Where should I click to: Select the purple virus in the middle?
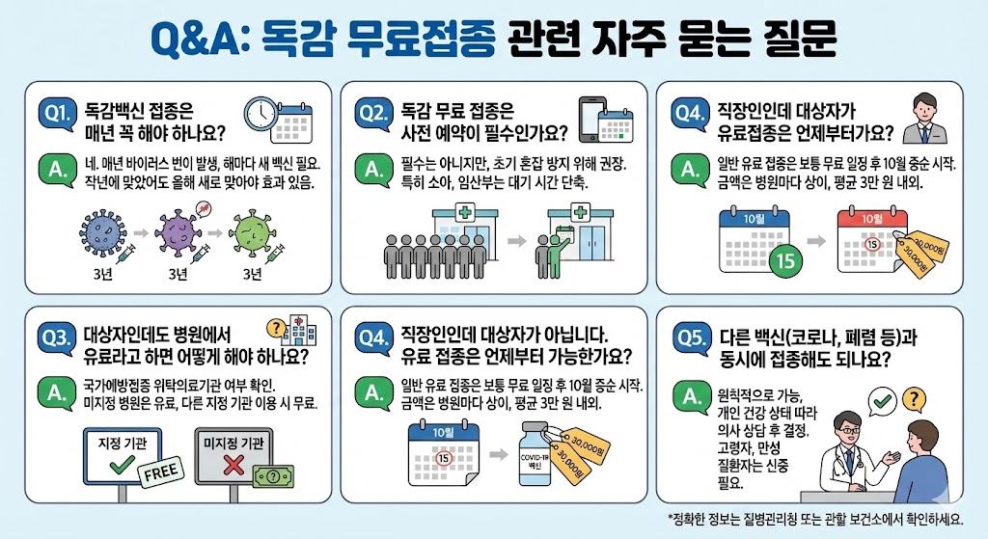177,234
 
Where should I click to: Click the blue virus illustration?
99,234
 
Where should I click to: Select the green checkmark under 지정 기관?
121,466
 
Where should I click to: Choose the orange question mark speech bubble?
911,398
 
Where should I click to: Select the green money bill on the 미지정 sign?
274,476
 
